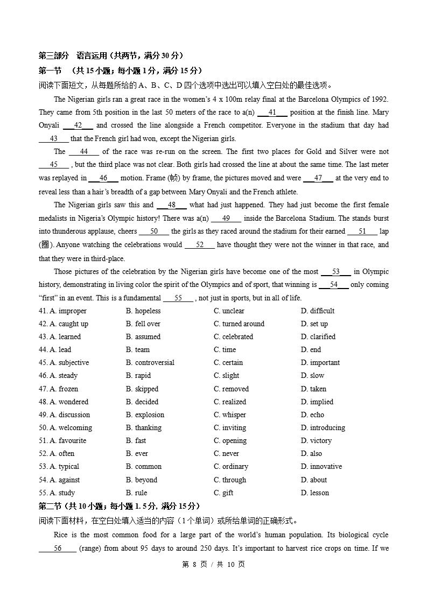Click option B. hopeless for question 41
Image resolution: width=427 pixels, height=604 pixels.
(143, 311)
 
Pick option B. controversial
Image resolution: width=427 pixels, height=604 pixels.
(150, 362)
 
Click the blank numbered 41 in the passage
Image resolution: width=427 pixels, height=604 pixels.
(272, 112)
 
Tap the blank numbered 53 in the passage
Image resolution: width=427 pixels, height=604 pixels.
(335, 271)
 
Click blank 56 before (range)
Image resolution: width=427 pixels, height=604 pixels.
(58, 548)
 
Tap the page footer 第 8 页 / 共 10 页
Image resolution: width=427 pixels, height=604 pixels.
(213, 564)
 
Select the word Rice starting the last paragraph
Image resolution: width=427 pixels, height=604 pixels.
(61, 535)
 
